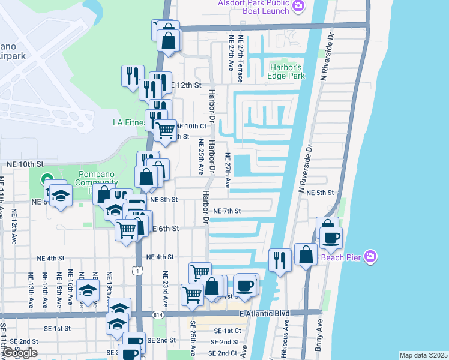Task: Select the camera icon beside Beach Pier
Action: click(x=370, y=256)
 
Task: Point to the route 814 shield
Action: click(x=158, y=314)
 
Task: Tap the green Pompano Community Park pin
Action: click(x=46, y=179)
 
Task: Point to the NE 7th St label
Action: click(x=227, y=211)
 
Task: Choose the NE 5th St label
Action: click(x=319, y=193)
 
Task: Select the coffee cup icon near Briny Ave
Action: click(x=330, y=238)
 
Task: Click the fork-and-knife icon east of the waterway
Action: click(x=280, y=260)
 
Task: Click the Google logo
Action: click(x=20, y=353)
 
